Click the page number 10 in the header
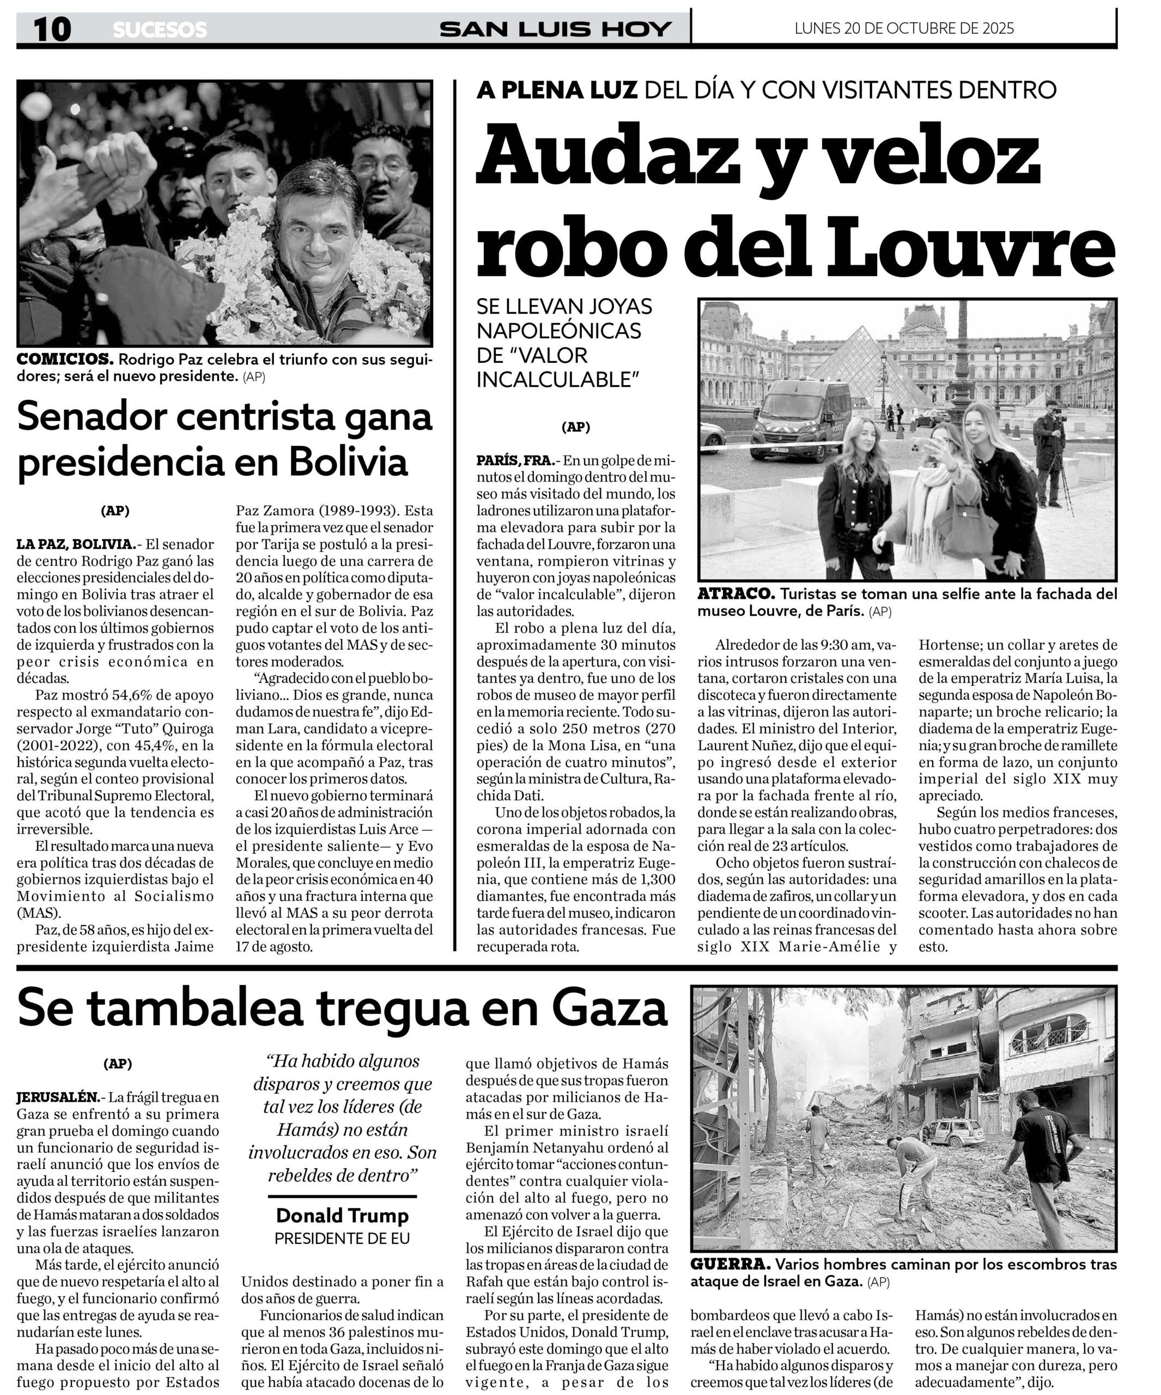point(52,30)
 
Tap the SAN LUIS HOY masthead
point(555,29)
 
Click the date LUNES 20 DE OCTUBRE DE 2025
point(904,28)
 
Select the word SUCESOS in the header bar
point(160,30)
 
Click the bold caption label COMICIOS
point(64,360)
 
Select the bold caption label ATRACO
point(735,593)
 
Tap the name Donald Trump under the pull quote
point(342,1215)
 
